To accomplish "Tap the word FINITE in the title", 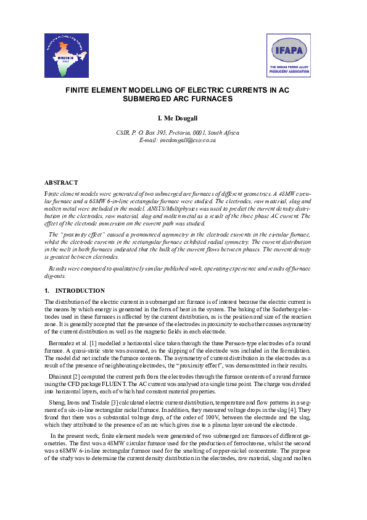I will [80, 90].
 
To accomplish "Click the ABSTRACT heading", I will [61, 182].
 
